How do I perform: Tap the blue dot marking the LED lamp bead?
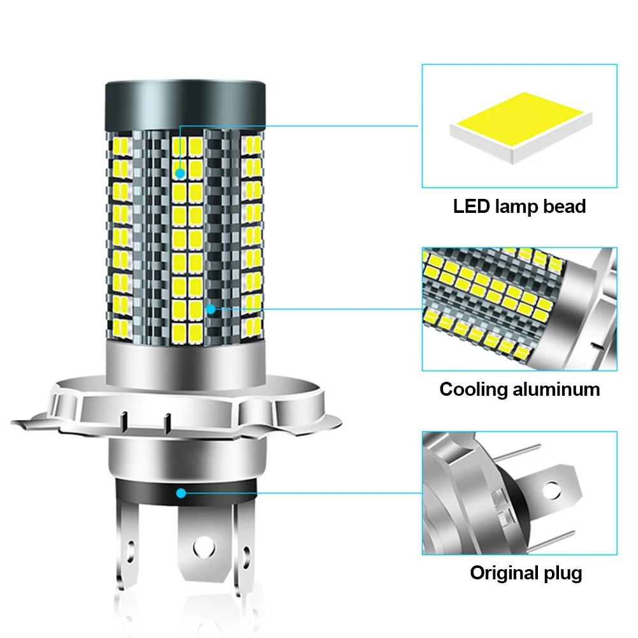click(x=180, y=172)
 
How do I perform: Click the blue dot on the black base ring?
click(x=182, y=493)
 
